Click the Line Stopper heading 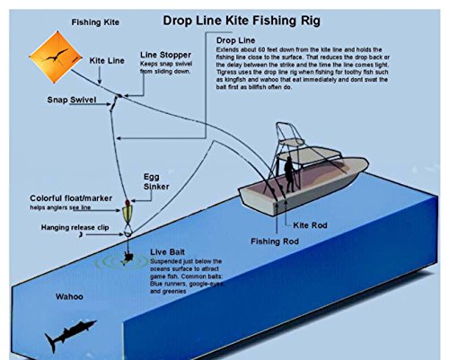pos(166,55)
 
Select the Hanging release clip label pos(50,227)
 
